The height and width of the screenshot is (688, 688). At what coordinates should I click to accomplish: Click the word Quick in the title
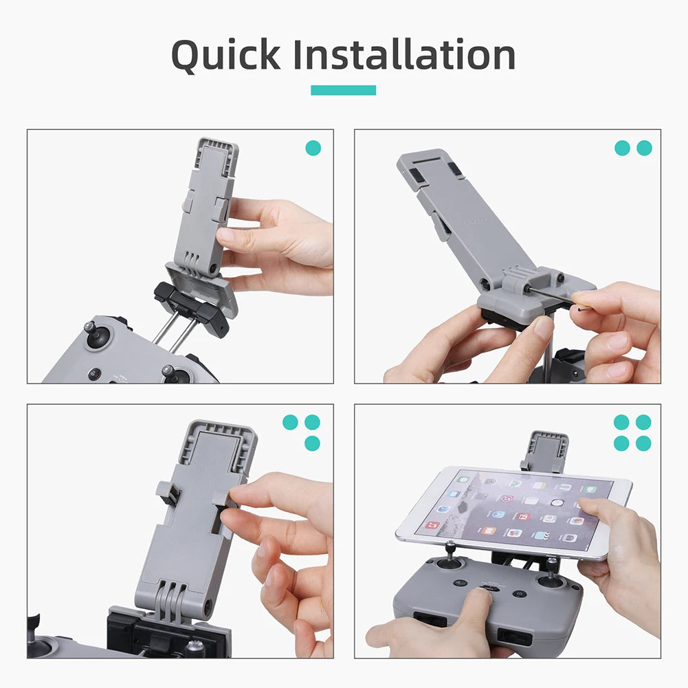coord(225,56)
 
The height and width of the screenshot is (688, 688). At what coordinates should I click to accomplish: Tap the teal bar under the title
coord(343,90)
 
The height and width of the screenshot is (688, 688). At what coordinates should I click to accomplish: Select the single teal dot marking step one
coord(313,148)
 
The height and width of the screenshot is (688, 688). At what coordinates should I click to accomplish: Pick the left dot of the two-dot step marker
coord(622,148)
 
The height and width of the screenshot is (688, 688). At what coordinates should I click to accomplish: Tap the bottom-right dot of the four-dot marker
coord(643,443)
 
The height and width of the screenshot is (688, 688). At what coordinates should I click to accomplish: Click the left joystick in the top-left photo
coord(96,335)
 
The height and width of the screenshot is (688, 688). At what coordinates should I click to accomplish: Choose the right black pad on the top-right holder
coord(455,169)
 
